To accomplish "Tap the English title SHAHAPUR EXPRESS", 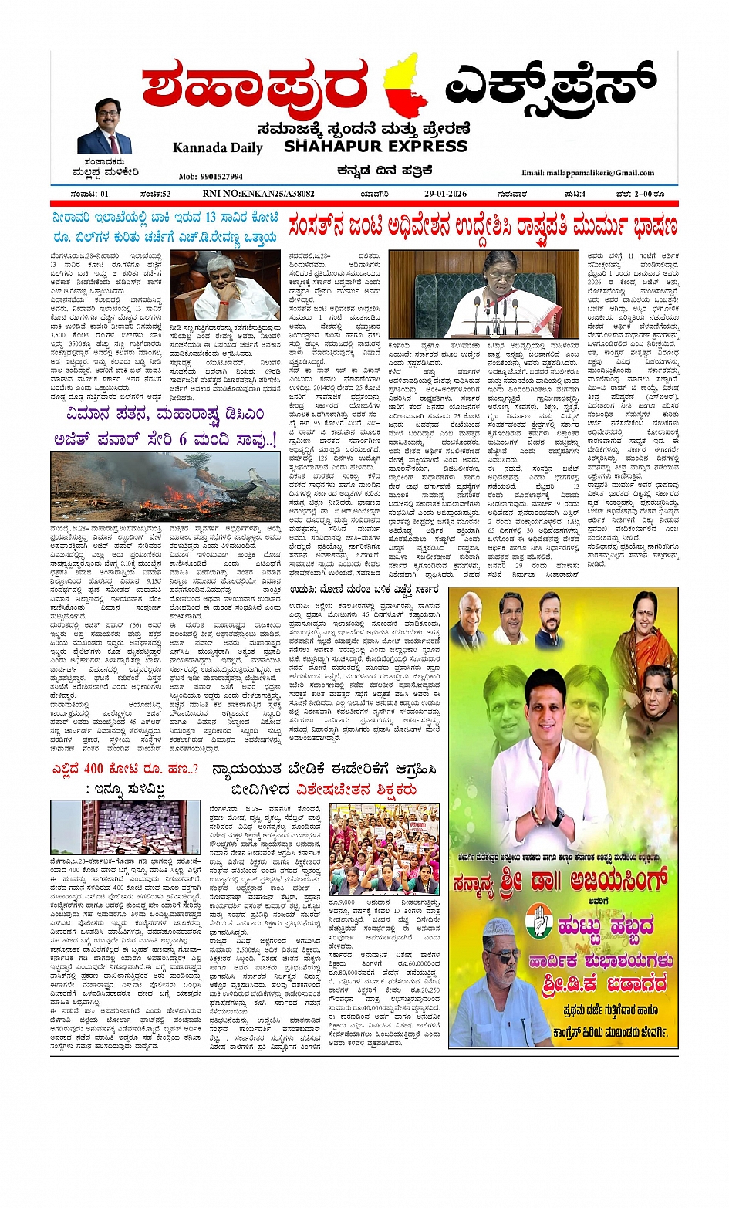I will (375, 147).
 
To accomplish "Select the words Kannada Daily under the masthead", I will (218, 147).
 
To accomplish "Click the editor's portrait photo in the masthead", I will (105, 127).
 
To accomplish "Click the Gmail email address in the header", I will (588, 173).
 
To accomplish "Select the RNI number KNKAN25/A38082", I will (258, 194).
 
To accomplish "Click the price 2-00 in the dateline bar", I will (640, 194).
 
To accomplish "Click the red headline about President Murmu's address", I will (483, 227).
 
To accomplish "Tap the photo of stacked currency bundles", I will (125, 827).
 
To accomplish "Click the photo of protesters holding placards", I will (383, 848).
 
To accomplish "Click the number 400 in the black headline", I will (93, 769).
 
